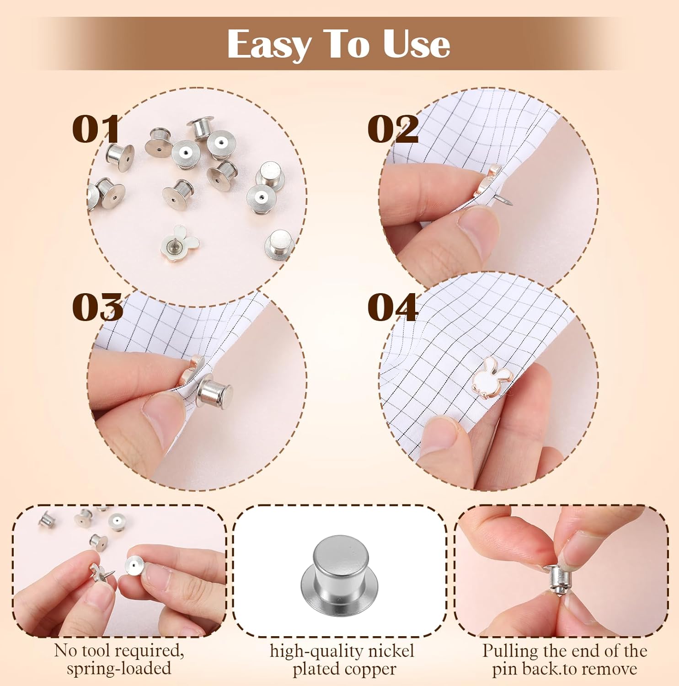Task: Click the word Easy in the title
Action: (x=268, y=44)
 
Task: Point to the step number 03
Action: (x=97, y=307)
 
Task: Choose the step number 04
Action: (x=393, y=307)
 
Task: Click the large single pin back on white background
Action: (x=339, y=577)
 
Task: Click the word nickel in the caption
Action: (x=391, y=651)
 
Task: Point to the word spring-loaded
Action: (x=119, y=669)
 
